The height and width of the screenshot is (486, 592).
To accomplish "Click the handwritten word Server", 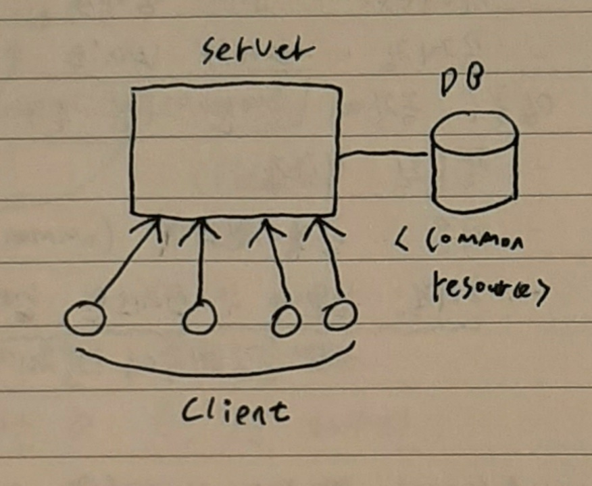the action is [258, 53].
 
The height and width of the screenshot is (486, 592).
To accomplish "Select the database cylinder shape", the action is [474, 166].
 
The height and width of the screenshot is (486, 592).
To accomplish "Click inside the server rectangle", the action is [235, 150].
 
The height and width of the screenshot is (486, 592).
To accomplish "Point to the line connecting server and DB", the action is [383, 155].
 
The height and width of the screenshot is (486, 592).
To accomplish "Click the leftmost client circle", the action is [85, 319].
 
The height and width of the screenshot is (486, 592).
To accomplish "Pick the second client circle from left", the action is [199, 318].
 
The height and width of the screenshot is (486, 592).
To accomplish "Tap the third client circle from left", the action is [286, 320].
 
